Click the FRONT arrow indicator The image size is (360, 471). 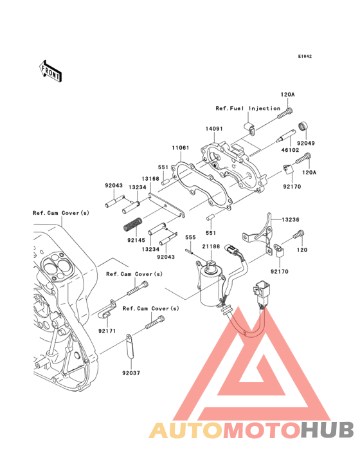(x=51, y=70)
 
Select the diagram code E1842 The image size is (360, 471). (x=304, y=57)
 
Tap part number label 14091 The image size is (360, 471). (x=214, y=129)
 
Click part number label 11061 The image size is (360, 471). (x=181, y=148)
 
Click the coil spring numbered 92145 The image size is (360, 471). (x=132, y=225)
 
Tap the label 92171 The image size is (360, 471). (x=107, y=331)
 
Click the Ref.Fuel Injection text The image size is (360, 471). (x=248, y=108)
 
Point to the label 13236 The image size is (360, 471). (x=289, y=219)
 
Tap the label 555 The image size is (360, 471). (x=190, y=237)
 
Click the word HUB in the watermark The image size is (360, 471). (x=328, y=430)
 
